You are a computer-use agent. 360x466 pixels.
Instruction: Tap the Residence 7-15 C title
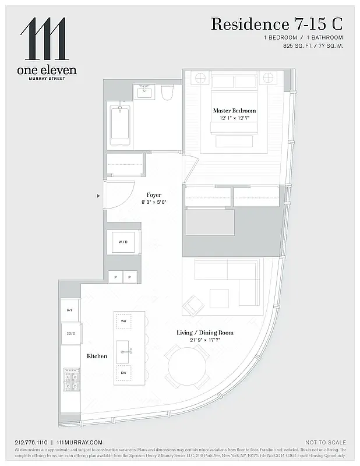coord(276,24)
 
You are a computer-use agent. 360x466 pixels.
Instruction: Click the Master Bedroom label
coord(234,111)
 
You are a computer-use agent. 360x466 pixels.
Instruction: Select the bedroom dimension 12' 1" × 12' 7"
coord(234,118)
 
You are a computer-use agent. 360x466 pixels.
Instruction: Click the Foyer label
coord(154,195)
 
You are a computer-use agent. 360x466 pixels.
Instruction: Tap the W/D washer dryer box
coord(123,242)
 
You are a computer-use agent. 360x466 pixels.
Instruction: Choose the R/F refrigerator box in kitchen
coord(70,310)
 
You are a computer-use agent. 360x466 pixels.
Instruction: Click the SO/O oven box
coord(70,333)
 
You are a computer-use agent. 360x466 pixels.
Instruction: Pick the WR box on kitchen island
coord(123,321)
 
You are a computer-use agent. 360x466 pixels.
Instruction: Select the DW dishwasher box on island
coord(123,372)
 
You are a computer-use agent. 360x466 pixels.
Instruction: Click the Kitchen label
coord(97,356)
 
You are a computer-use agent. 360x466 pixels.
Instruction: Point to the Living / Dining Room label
coord(204,333)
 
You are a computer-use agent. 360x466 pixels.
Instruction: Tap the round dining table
coord(187,366)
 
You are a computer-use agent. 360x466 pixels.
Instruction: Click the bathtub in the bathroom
coord(120,123)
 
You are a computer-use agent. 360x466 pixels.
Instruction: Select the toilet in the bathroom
coord(167,93)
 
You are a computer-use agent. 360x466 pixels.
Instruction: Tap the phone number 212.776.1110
coord(31,442)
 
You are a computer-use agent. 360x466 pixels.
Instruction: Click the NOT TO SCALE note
coord(325,442)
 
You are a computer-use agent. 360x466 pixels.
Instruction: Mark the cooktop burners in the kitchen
coord(71,379)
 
